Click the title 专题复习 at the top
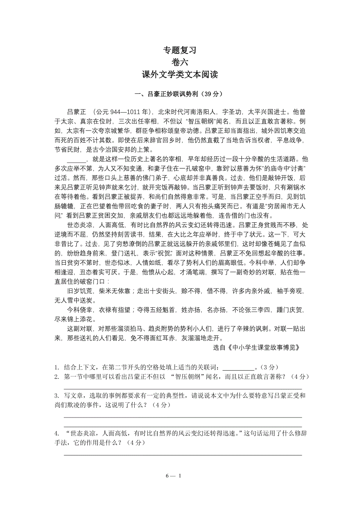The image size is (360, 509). click(180, 50)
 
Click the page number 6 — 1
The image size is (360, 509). click(174, 476)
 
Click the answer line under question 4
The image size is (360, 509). click(183, 455)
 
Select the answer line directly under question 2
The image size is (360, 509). click(183, 386)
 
